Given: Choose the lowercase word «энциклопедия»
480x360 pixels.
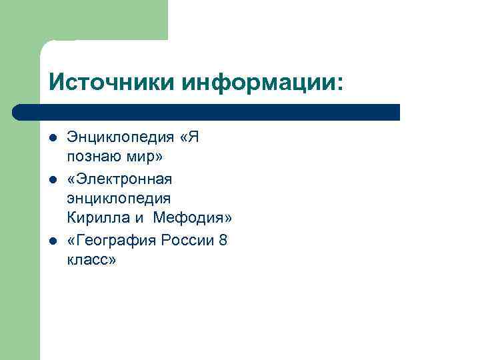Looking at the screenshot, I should point(109,198).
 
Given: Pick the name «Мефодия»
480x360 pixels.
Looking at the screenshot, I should point(193,218).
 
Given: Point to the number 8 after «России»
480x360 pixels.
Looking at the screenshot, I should point(223,240).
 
